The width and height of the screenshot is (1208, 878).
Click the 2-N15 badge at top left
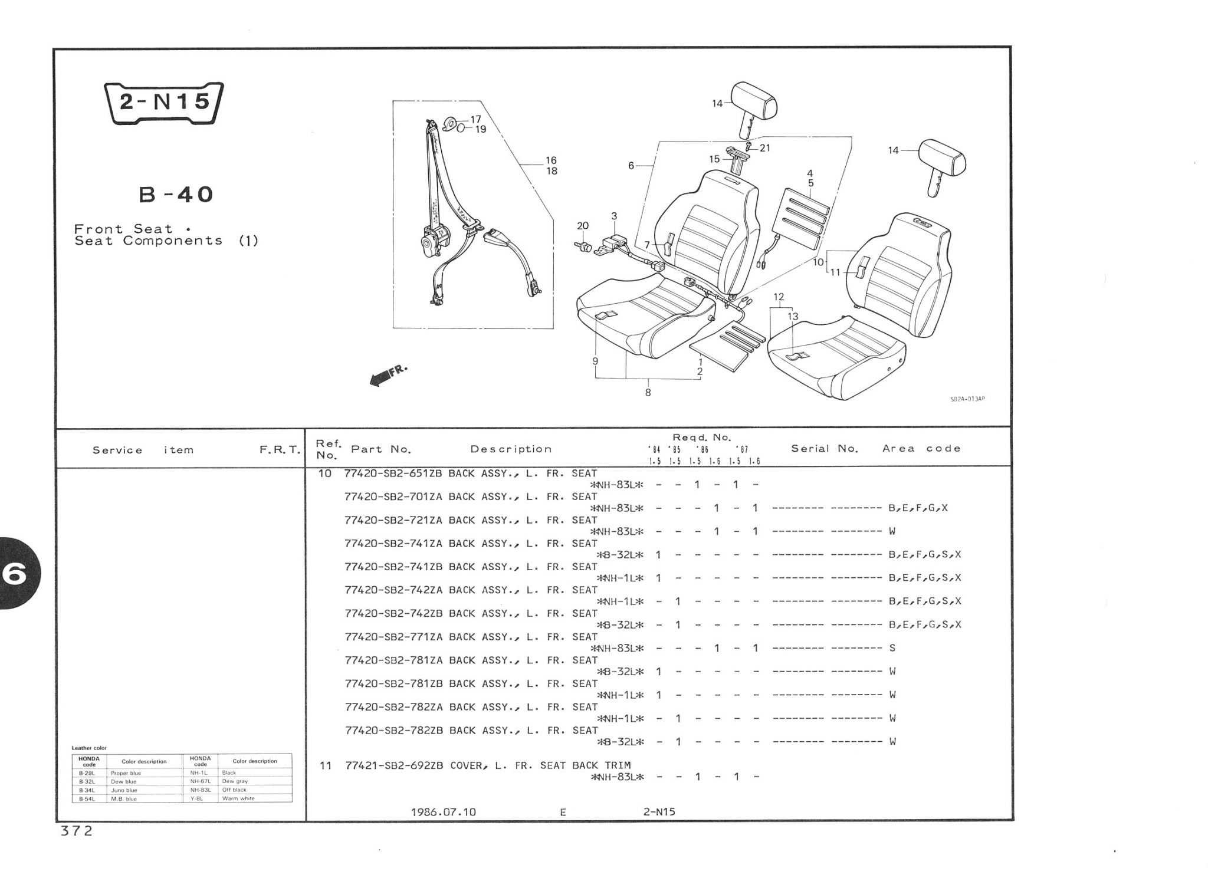coord(163,103)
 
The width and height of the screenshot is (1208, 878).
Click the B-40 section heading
coord(176,194)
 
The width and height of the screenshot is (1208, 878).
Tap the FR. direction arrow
coord(388,375)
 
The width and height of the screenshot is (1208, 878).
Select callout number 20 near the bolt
coord(582,226)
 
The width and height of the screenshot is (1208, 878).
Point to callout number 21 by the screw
coord(765,148)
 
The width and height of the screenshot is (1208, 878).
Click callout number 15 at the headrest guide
coord(714,159)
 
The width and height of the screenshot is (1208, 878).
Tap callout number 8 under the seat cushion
coord(648,392)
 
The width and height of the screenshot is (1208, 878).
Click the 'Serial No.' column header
coord(824,449)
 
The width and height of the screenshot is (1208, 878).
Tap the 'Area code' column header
coord(921,449)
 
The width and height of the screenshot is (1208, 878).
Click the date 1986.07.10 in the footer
coord(443,812)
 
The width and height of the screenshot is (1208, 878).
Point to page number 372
coord(77,831)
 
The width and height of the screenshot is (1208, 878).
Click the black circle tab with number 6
coord(17,574)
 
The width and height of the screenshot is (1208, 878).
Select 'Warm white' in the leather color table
coord(238,798)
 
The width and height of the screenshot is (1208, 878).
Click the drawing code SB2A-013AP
coord(967,399)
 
